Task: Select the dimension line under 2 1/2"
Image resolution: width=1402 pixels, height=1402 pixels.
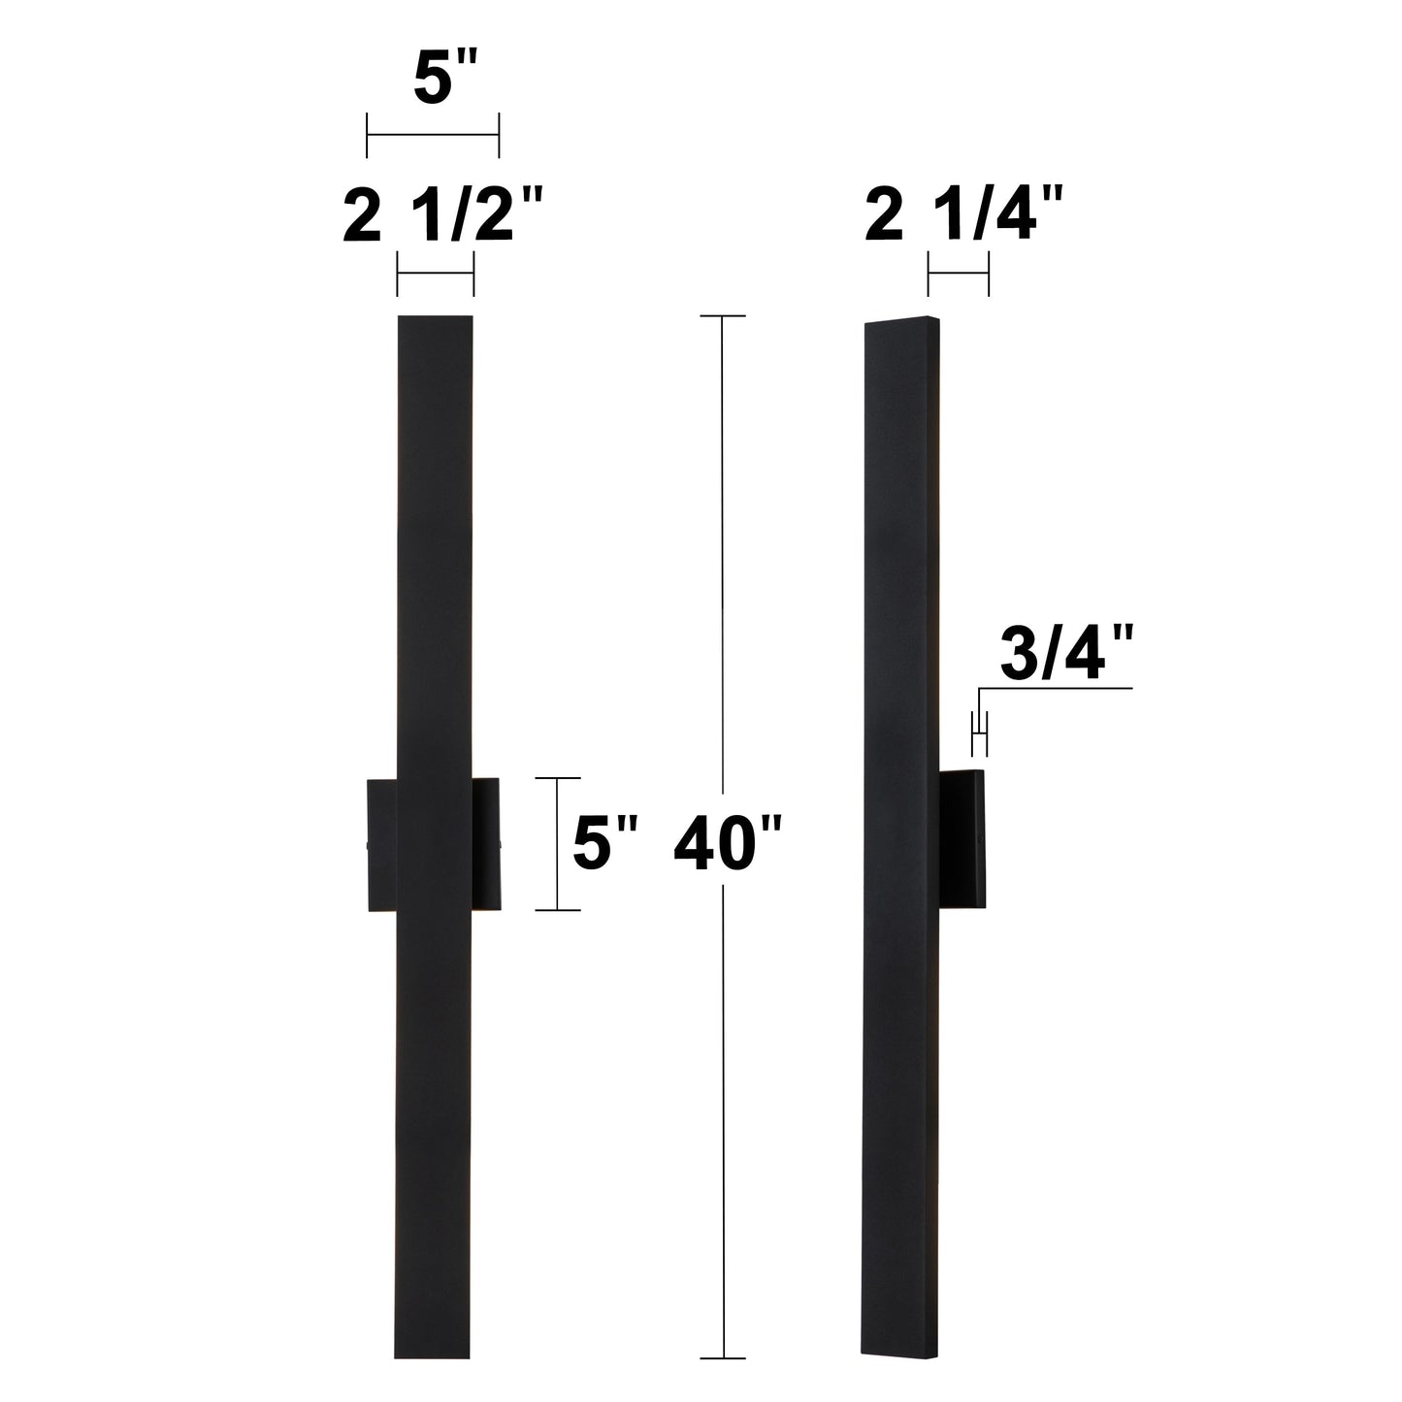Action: pos(435,275)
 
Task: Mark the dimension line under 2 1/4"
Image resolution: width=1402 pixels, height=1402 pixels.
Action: pos(958,275)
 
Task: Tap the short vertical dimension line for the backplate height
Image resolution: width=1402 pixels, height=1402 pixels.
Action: pos(558,844)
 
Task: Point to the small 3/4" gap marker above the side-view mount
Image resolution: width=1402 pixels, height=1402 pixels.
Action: pos(979,733)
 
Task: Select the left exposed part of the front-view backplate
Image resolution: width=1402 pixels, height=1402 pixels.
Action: pos(381,844)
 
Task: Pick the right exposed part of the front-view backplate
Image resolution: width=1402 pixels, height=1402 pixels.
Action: pos(485,844)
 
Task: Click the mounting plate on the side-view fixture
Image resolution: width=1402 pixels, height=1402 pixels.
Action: pos(963,834)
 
